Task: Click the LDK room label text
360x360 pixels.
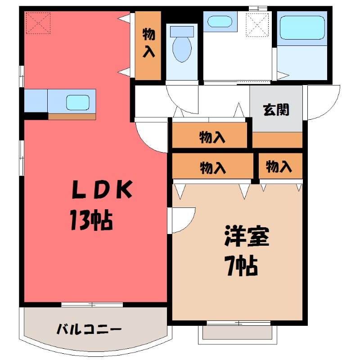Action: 102,189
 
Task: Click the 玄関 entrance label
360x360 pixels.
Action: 276,110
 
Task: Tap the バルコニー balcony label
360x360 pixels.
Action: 89,329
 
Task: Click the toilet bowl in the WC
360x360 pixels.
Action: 182,49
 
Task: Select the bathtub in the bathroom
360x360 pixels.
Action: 302,27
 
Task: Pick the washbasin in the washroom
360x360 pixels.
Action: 220,21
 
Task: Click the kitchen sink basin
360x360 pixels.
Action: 77,103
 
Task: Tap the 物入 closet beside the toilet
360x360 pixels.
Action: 148,45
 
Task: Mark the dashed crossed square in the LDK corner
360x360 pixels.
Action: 38,23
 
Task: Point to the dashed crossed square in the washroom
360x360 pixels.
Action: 257,25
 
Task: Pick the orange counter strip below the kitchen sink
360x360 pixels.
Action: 72,117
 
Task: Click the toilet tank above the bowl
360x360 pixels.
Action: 182,31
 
